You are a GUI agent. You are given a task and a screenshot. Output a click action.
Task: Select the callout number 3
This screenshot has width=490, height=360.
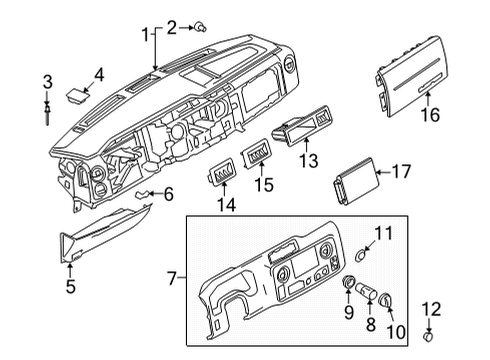pyautogui.click(x=47, y=80)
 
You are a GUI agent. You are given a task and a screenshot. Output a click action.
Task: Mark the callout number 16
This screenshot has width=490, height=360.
pyautogui.click(x=430, y=116)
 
